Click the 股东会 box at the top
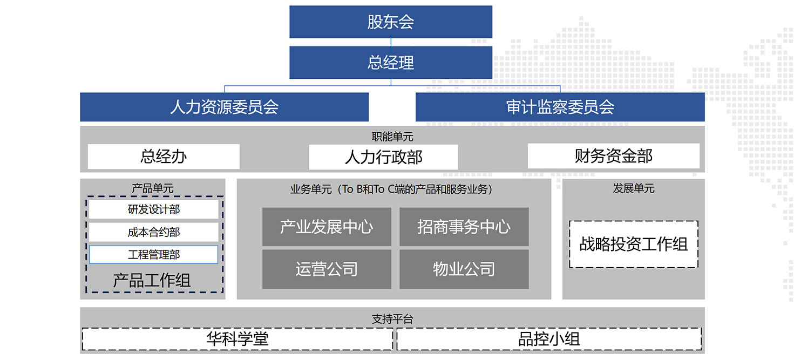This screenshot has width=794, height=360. click(391, 22)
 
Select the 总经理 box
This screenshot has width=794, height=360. click(391, 63)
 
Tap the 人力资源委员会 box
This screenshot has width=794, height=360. click(225, 107)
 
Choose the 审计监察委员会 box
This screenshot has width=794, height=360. click(560, 107)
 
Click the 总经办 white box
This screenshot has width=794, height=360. click(164, 157)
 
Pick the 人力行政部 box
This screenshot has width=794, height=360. click(383, 157)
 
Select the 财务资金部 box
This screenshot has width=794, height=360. click(614, 156)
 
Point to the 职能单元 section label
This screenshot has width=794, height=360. click(392, 137)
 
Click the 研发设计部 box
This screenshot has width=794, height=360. click(153, 209)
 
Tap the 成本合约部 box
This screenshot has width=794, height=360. click(153, 232)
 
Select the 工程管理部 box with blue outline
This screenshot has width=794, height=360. click(153, 254)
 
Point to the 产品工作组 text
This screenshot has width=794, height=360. click(152, 280)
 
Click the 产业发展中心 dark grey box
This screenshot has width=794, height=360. click(327, 227)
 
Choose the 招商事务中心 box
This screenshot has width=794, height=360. click(464, 227)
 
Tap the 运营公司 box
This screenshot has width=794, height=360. click(327, 269)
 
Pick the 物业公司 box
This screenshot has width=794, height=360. click(464, 269)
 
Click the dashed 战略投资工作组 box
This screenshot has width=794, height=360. click(634, 244)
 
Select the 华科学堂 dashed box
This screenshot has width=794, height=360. click(237, 339)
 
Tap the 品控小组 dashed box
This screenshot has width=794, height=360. click(549, 339)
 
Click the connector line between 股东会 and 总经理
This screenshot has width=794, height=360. click(391, 42)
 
